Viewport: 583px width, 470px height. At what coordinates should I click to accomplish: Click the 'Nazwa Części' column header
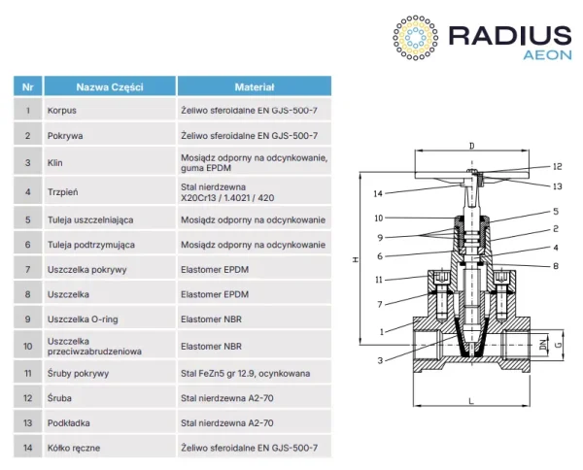[x=109, y=86]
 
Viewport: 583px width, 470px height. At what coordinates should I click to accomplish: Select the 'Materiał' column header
[x=255, y=86]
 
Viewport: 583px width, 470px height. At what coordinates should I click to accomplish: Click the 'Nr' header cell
[x=27, y=86]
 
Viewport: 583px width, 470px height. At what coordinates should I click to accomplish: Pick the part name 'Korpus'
[x=62, y=111]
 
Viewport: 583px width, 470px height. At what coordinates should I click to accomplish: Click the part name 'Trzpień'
[x=64, y=191]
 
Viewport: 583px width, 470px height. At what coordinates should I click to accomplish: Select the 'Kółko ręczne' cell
[x=74, y=447]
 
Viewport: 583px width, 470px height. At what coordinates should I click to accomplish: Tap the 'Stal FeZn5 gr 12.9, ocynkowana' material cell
[x=247, y=372]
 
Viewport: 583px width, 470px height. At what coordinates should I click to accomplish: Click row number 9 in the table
[x=27, y=318]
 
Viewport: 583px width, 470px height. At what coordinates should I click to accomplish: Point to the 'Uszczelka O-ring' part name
[x=84, y=318]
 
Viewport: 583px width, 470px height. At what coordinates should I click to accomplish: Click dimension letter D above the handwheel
[x=471, y=147]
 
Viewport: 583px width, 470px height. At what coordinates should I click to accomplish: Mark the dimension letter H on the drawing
[x=358, y=259]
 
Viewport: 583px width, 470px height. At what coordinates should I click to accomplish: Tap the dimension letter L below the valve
[x=469, y=400]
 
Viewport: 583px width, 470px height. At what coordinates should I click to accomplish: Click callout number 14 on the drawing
[x=377, y=193]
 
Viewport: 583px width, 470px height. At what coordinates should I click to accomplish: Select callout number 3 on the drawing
[x=381, y=360]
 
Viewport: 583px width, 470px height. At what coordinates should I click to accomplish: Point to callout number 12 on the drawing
[x=558, y=166]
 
